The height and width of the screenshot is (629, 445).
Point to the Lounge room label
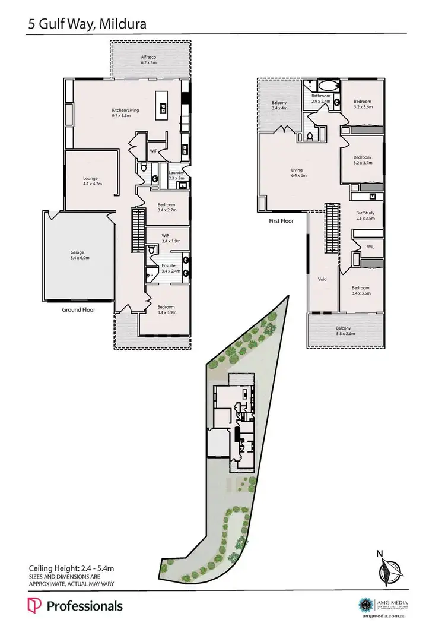(90, 178)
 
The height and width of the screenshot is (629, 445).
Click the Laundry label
(176, 172)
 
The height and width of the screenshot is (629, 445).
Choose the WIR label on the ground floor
(166, 235)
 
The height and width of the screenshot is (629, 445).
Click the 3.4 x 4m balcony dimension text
(279, 108)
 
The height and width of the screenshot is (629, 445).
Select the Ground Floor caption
(79, 309)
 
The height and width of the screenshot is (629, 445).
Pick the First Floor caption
(281, 220)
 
